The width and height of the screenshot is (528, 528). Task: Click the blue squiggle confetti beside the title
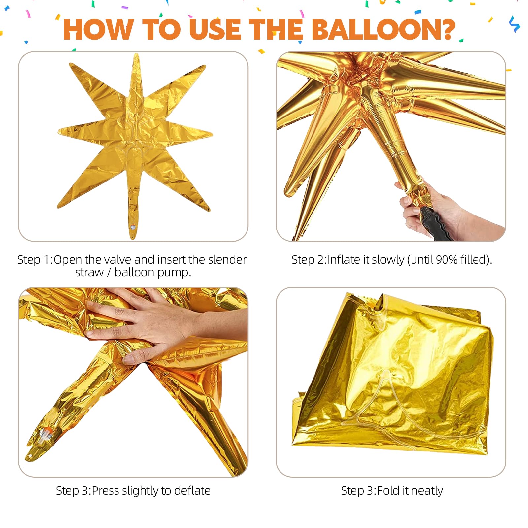point(514,24)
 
